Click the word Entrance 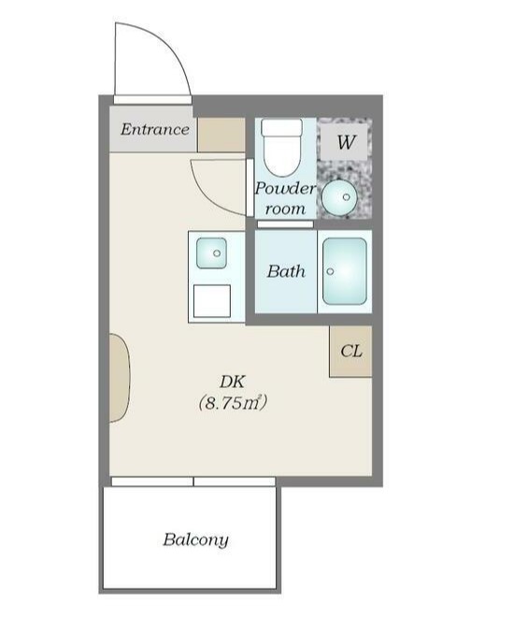tap(155, 129)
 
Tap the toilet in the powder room tap(282, 148)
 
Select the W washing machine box tap(344, 142)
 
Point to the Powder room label tap(285, 198)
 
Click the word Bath tap(286, 271)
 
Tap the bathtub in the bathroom tap(345, 271)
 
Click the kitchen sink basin tap(211, 253)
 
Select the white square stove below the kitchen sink tap(212, 301)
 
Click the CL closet tap(350, 351)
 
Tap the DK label tap(233, 381)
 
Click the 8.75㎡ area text tap(233, 403)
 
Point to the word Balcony tap(195, 540)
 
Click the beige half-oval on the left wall tap(120, 378)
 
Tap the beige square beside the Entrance tap(221, 135)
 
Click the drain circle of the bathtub tap(331, 271)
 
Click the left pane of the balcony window tap(152, 482)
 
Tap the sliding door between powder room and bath tap(285, 223)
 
